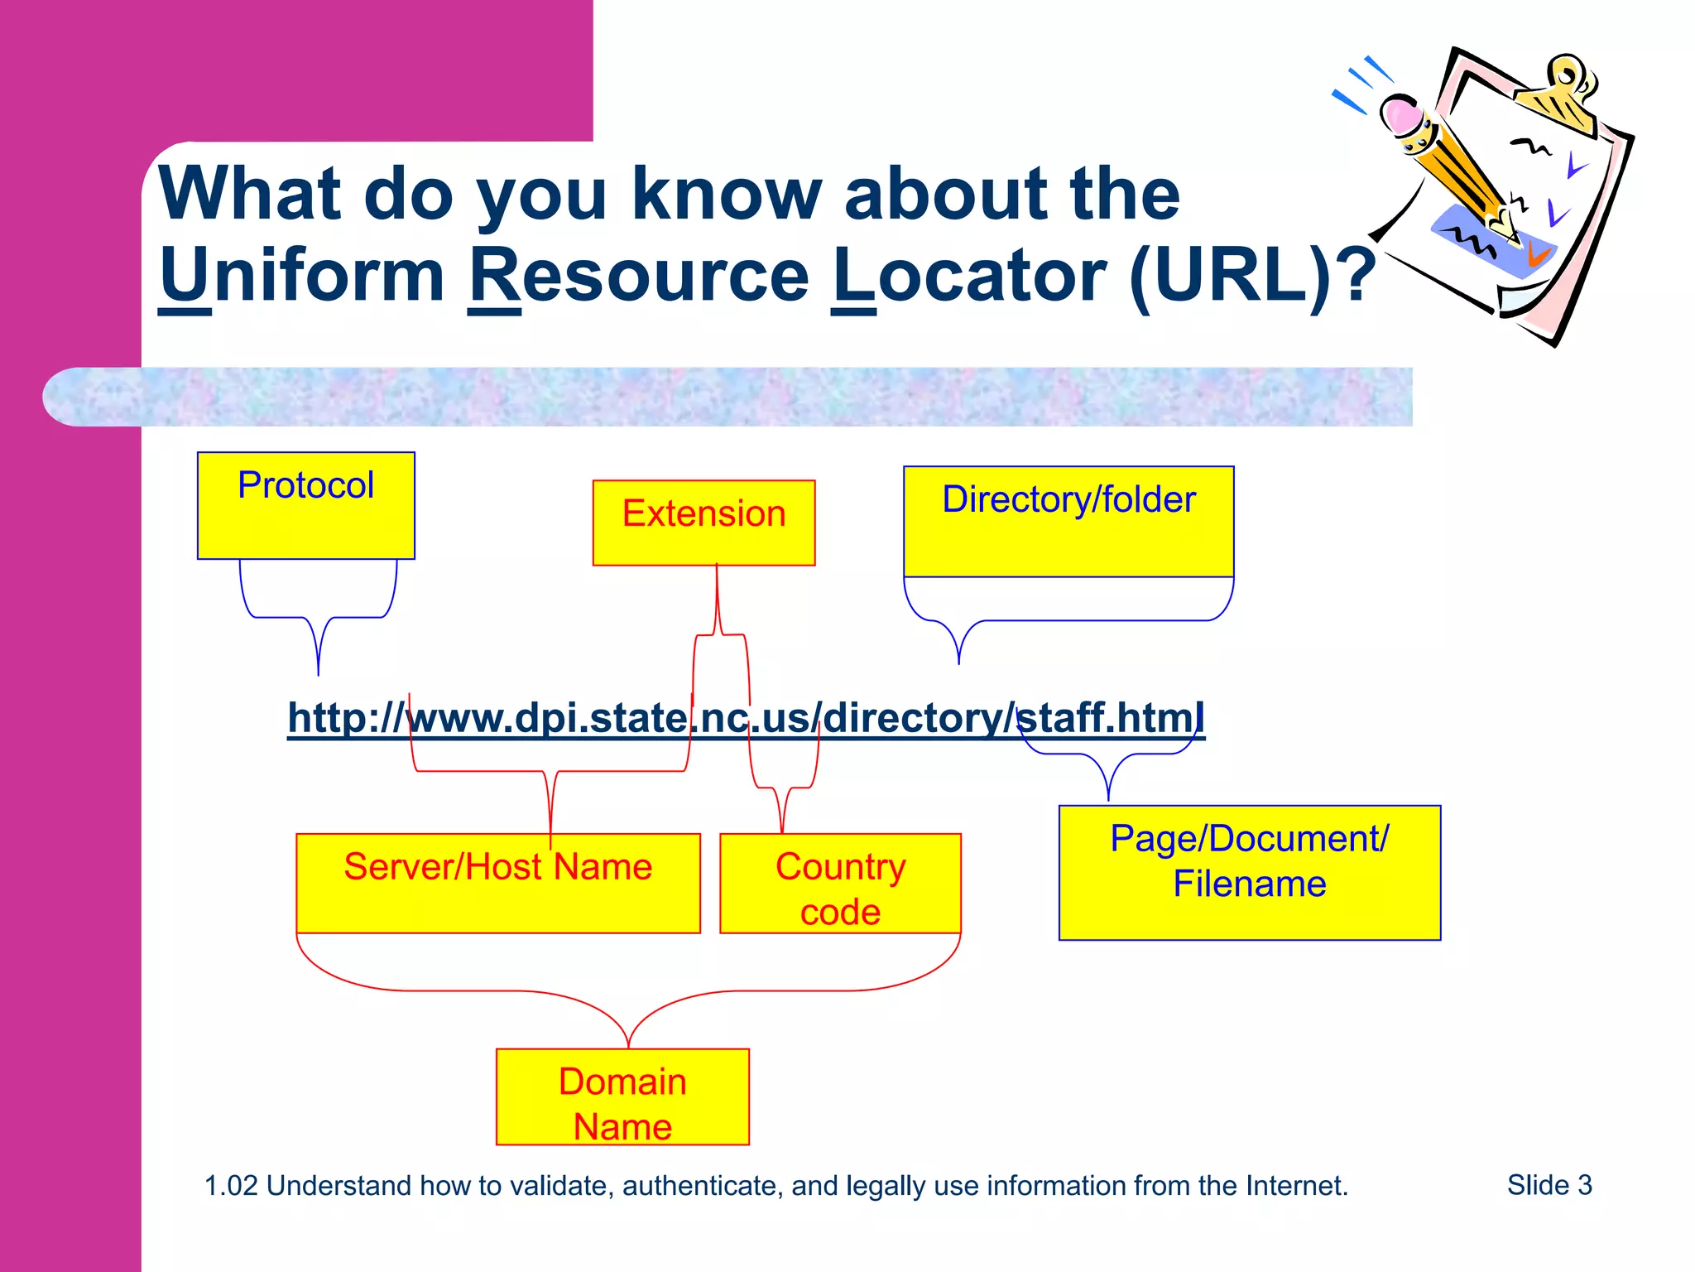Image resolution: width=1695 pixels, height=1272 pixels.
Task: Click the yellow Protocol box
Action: pyautogui.click(x=305, y=505)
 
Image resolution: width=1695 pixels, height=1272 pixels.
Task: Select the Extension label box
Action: pyautogui.click(x=703, y=523)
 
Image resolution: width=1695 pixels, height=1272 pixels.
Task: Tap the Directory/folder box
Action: pyautogui.click(x=1068, y=521)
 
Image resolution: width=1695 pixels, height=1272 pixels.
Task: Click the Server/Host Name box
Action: pyautogui.click(x=497, y=883)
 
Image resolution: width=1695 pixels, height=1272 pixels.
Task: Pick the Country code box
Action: pyautogui.click(x=839, y=884)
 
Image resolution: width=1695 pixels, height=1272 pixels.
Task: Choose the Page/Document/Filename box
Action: pyautogui.click(x=1249, y=872)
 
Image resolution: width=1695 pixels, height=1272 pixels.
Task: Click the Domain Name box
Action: pyautogui.click(x=622, y=1096)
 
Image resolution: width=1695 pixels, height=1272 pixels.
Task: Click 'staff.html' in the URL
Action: pyautogui.click(x=1109, y=717)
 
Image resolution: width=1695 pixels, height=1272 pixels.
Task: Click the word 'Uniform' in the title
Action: pyautogui.click(x=302, y=276)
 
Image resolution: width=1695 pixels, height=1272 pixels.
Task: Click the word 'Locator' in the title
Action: pyautogui.click(x=968, y=276)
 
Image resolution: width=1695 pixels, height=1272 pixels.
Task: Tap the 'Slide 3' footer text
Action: pyautogui.click(x=1549, y=1185)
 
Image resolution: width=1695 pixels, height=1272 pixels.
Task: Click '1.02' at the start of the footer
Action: pyautogui.click(x=231, y=1186)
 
